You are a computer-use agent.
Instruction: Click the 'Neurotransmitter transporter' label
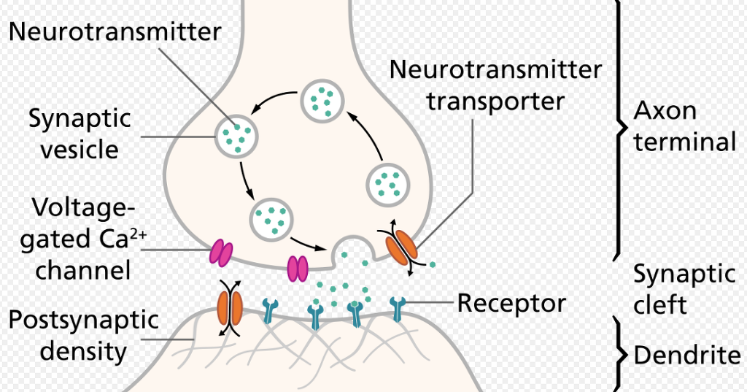(x=495, y=85)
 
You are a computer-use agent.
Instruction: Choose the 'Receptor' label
(x=511, y=303)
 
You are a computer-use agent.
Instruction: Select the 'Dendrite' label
(x=686, y=356)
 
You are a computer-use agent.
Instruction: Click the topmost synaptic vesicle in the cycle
(x=322, y=99)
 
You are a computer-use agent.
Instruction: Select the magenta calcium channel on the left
(x=221, y=253)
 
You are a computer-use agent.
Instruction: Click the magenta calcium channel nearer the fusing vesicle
(x=298, y=268)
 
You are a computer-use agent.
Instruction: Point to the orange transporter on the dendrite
(x=231, y=307)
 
